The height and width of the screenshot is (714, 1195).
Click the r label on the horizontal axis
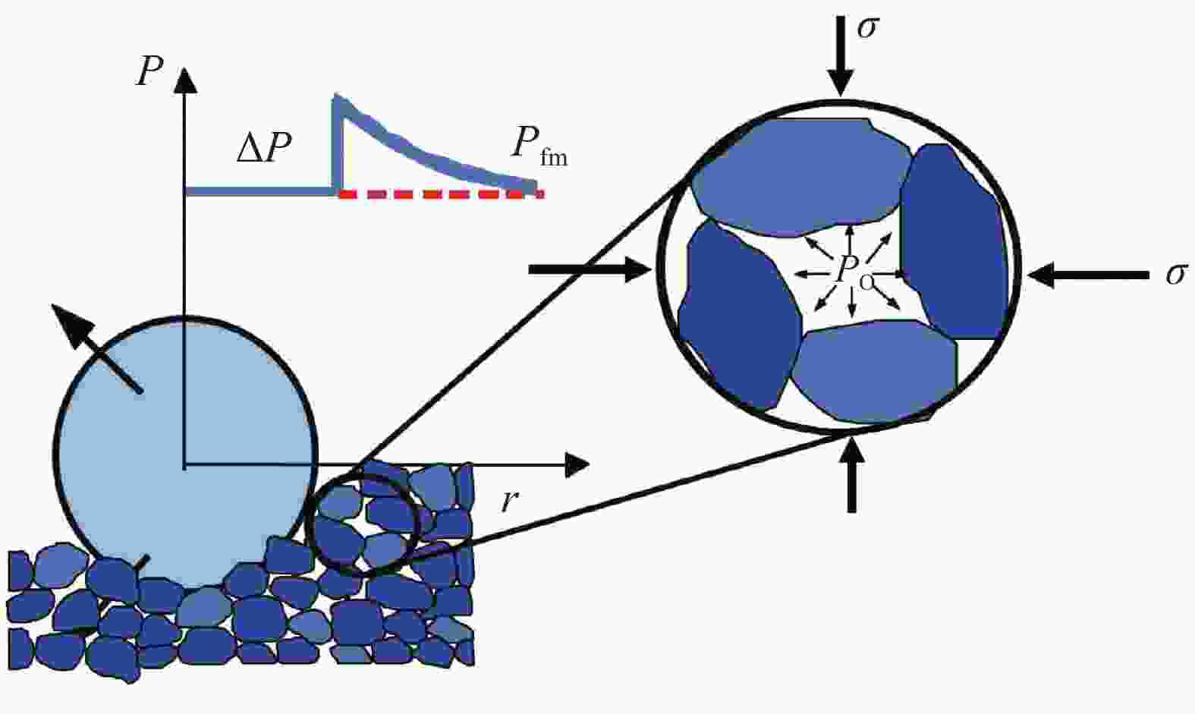point(511,502)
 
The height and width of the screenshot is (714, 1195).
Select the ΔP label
point(264,146)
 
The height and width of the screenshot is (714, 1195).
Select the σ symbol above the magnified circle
point(868,27)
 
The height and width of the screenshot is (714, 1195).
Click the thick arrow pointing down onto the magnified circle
point(841,57)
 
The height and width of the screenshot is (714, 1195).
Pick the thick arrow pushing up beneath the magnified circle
point(852,474)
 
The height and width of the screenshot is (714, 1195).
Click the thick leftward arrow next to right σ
point(1088,275)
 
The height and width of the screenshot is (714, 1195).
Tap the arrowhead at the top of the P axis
point(184,80)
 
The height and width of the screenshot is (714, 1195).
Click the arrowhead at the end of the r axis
point(577,465)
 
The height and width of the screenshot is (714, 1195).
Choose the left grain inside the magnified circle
point(739,314)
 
